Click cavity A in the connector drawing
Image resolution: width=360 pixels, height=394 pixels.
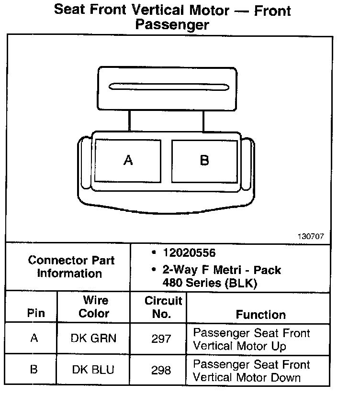128,160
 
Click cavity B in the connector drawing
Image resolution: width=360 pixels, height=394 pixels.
204,160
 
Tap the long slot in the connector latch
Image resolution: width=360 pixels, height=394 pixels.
169,87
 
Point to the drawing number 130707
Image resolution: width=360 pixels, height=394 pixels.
311,236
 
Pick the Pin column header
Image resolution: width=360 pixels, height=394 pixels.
36,314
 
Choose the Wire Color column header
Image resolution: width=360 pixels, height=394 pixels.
94,307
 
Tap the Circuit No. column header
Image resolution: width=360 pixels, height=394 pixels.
163,307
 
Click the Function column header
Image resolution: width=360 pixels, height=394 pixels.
260,314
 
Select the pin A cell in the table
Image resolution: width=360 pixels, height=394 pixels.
34,338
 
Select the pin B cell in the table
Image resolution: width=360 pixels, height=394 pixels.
34,370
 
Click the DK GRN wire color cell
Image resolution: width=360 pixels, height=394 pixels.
94,339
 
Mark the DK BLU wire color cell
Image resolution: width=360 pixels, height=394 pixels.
94,370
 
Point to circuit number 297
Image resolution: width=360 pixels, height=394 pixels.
161,339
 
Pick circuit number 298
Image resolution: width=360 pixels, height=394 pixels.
161,370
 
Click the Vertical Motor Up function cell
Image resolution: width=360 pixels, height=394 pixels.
251,339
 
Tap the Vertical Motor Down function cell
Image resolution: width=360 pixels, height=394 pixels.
251,371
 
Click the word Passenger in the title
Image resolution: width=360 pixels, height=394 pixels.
172,24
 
